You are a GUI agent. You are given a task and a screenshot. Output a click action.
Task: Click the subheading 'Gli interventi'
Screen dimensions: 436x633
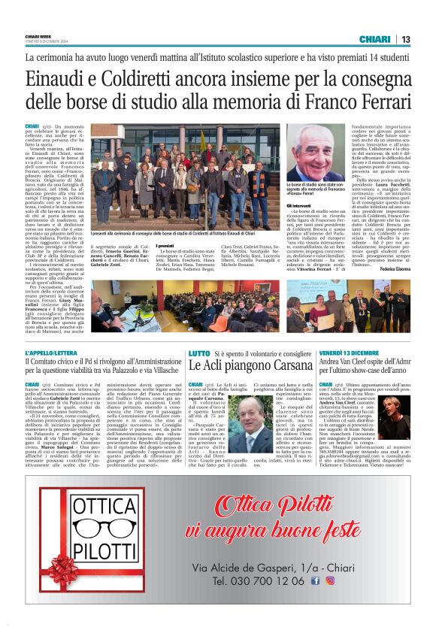[299, 204]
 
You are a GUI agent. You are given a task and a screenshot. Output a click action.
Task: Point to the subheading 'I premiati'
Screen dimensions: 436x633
[166, 246]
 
